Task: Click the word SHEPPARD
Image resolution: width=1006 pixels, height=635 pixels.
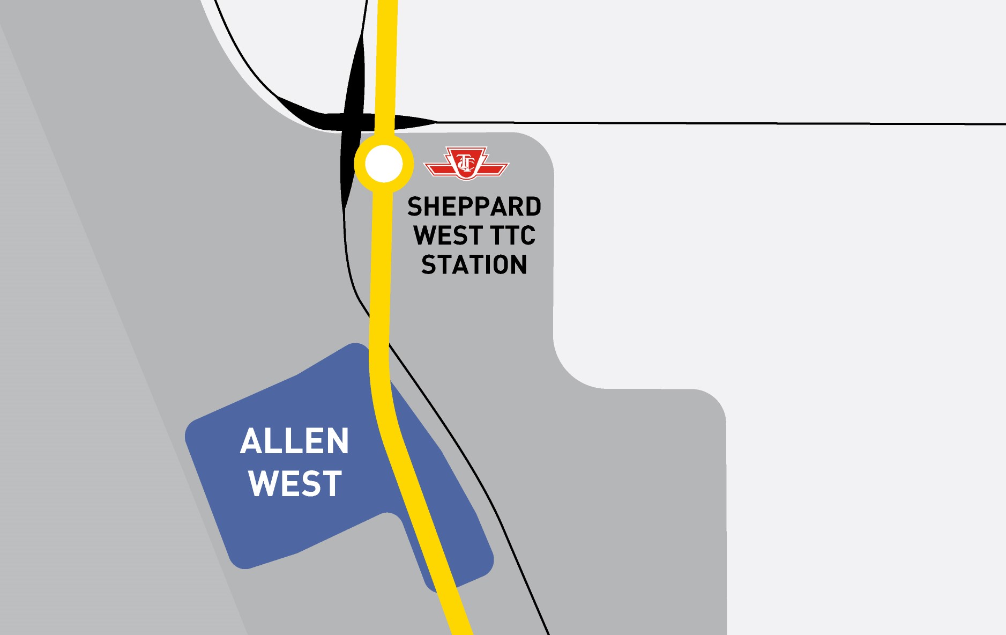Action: (x=474, y=207)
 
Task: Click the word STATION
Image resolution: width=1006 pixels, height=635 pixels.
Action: (x=474, y=265)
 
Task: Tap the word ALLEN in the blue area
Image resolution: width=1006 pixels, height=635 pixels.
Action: (x=294, y=441)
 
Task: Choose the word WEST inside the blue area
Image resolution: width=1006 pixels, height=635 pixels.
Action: (x=295, y=484)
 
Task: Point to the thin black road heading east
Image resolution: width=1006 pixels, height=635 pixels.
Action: (x=697, y=123)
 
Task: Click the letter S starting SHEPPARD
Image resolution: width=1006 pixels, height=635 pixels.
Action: (x=415, y=207)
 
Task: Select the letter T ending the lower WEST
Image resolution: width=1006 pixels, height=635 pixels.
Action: (x=332, y=484)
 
